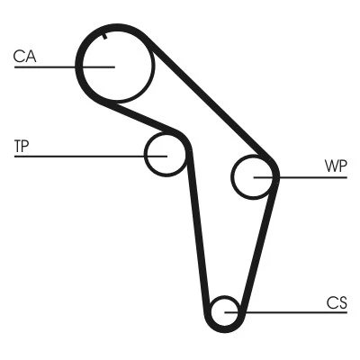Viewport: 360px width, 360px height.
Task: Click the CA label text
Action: [24, 57]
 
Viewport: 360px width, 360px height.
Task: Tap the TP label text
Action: [22, 145]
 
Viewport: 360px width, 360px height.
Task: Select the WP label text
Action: [334, 166]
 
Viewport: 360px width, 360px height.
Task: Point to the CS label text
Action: [337, 303]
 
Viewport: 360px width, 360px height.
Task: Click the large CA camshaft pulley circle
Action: [114, 65]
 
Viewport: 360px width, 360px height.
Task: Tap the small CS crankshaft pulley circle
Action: [225, 312]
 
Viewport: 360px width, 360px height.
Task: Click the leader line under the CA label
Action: [54, 67]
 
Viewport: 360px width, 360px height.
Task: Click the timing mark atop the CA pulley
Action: [105, 37]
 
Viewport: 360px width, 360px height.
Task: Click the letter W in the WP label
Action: [329, 166]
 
